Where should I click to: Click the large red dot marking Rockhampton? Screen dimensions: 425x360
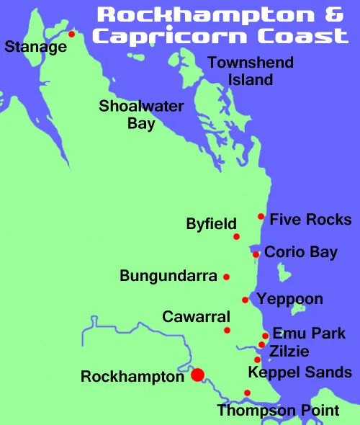point(197,374)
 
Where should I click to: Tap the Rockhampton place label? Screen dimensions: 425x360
point(132,377)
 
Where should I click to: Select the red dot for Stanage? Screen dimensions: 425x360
point(71,34)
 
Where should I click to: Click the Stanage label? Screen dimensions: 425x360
point(35,48)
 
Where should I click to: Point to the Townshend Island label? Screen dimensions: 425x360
point(251,71)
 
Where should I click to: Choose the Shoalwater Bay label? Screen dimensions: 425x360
point(141,115)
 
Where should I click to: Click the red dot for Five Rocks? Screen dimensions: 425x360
point(261,217)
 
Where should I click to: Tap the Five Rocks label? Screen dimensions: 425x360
point(310,220)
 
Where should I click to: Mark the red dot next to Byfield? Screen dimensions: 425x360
point(236,236)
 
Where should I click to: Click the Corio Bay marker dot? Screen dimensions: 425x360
point(256,254)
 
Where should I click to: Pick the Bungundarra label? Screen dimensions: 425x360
point(168,276)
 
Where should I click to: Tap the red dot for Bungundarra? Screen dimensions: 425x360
point(226,277)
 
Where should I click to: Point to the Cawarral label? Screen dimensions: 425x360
point(196,317)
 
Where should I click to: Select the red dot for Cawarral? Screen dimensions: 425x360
point(228,331)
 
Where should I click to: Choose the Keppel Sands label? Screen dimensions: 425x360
point(300,372)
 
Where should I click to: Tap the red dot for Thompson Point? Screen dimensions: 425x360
point(247,393)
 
